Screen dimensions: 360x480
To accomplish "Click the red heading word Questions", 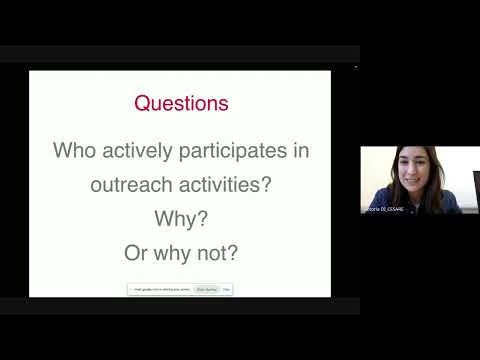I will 181,103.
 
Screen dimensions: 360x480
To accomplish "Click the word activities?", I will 227,185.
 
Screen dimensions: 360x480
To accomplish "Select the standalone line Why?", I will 181,218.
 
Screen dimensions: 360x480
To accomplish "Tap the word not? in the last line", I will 217,252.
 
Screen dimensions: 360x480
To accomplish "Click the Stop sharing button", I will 207,289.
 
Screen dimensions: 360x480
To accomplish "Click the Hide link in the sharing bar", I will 227,289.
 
